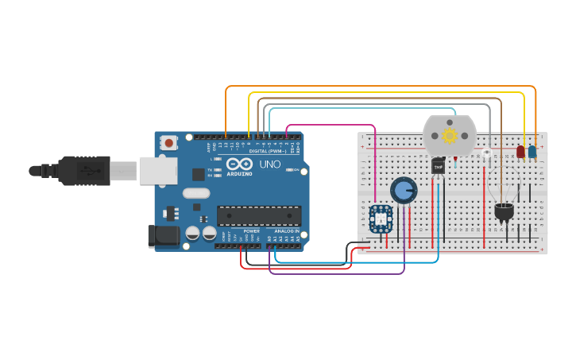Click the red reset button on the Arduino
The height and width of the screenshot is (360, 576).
(168, 143)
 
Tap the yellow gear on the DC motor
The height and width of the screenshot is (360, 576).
(449, 135)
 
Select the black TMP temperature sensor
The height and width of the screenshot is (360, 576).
(438, 165)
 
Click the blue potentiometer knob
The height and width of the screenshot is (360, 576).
(404, 191)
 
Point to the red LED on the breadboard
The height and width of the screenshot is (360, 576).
(520, 151)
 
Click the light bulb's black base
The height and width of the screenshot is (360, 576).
(504, 211)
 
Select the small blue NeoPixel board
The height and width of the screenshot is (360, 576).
(381, 219)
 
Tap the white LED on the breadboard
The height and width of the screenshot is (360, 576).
(486, 153)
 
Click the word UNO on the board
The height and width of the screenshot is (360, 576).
(271, 164)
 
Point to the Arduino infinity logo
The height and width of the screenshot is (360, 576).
(239, 165)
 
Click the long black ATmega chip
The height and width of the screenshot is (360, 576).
(259, 215)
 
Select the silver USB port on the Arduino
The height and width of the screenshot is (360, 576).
(158, 170)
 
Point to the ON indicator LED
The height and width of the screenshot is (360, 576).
(296, 169)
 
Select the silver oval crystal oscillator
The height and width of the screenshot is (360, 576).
(195, 193)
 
